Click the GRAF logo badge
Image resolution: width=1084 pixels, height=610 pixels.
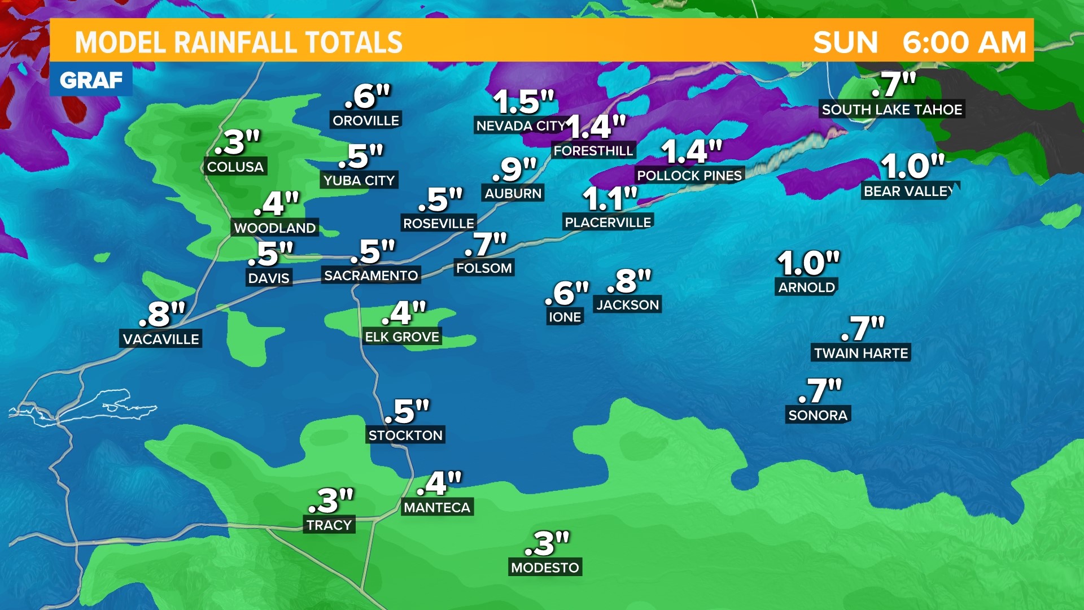[x=91, y=80]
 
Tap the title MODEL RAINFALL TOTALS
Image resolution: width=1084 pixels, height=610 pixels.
[x=238, y=42]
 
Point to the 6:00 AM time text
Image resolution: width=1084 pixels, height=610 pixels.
[x=964, y=42]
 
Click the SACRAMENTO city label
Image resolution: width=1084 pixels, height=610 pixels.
[x=371, y=275]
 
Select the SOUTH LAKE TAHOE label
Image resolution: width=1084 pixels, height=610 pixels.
[x=891, y=110]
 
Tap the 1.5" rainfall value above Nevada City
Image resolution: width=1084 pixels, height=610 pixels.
[x=523, y=102]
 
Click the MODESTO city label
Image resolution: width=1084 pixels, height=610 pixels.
[x=545, y=567]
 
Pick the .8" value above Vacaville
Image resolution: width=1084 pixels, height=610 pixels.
[x=162, y=314]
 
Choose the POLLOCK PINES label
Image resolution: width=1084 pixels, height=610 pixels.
[x=689, y=176]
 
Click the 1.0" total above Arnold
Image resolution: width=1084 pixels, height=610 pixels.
[x=808, y=263]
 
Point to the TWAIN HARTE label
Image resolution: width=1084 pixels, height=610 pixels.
[x=861, y=353]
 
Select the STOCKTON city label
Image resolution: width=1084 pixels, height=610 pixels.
[x=405, y=435]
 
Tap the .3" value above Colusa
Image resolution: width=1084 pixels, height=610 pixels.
[x=237, y=142]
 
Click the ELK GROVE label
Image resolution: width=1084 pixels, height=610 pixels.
[x=402, y=337]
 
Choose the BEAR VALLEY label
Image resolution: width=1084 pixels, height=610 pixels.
[x=908, y=191]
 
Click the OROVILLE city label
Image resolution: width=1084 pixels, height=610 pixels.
[x=366, y=120]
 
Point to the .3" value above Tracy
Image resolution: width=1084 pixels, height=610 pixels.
[x=331, y=500]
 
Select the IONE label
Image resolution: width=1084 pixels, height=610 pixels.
[x=565, y=317]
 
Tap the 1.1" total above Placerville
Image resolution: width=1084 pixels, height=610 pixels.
[x=610, y=198]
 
